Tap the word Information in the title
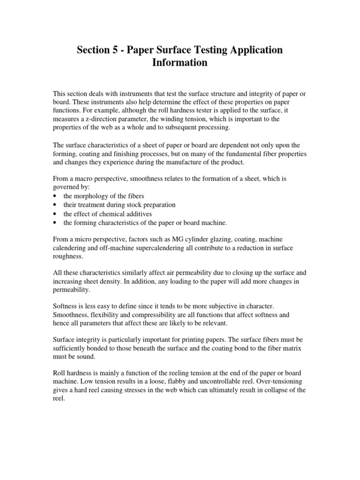pos(180,62)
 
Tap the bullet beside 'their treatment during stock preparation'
pos(56,205)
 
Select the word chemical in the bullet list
pos(112,214)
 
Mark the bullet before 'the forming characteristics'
pos(56,223)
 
